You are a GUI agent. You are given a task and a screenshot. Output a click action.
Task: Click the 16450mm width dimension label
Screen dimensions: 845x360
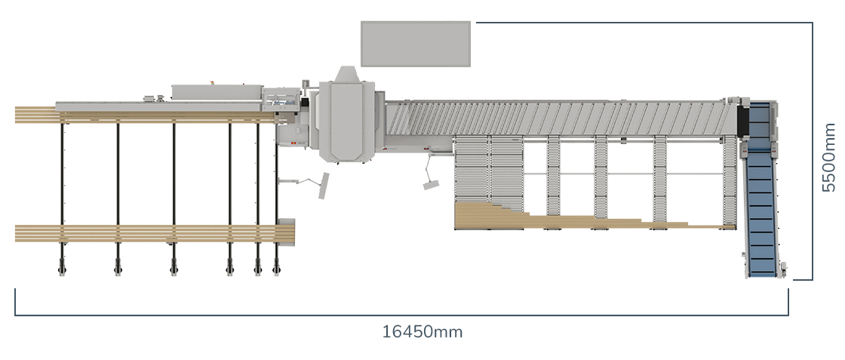click(422, 331)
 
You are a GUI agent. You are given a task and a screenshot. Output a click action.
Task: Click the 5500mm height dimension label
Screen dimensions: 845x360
click(828, 158)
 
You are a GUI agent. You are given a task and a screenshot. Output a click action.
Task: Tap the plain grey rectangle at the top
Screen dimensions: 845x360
click(416, 45)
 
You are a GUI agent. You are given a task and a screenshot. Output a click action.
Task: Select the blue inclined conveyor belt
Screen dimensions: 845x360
click(761, 189)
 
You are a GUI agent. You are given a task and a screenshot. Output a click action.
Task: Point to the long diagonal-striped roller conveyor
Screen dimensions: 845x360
click(561, 118)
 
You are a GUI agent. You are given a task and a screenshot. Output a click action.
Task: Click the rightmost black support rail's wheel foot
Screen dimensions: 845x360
click(276, 266)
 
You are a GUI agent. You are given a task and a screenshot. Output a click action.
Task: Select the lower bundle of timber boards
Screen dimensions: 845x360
click(155, 233)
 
